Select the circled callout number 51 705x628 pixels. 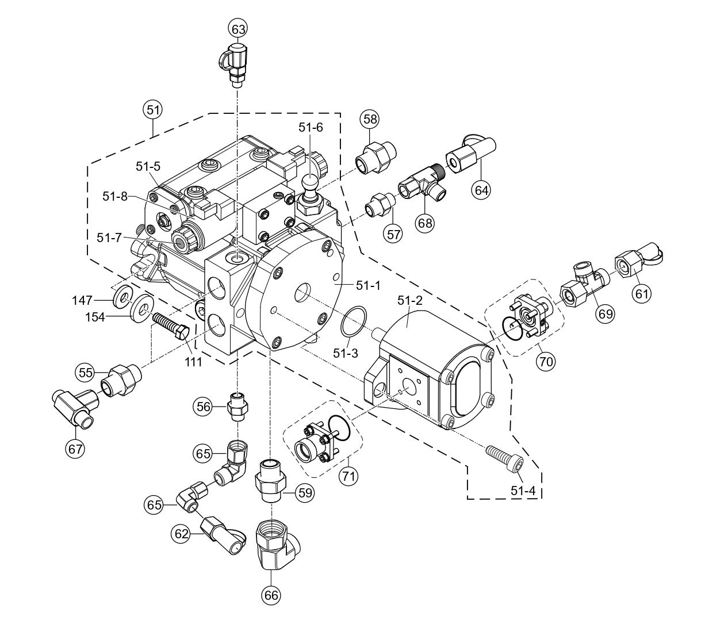152,111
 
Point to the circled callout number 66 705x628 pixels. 271,595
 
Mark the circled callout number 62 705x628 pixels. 182,534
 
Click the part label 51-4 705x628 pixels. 523,492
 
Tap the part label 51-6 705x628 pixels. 310,128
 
